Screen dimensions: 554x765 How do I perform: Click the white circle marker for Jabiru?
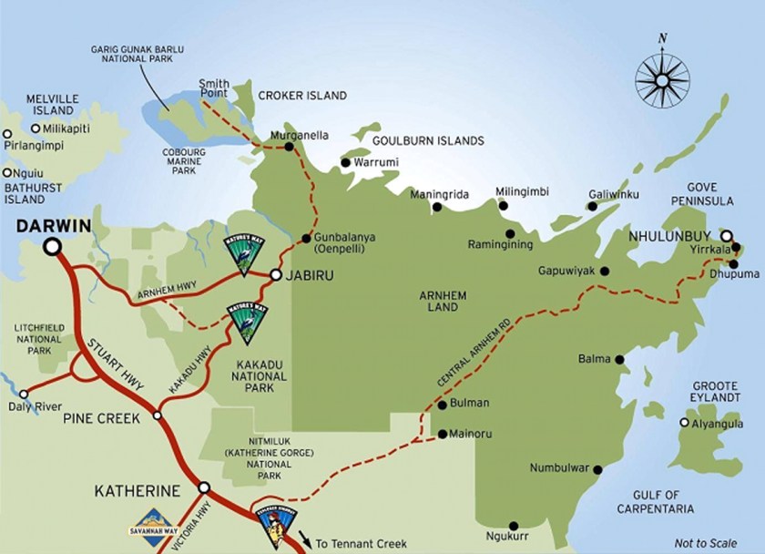[x=275, y=273]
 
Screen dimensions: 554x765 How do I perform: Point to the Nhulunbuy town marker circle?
[x=726, y=234]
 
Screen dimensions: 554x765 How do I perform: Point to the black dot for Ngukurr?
[x=515, y=526]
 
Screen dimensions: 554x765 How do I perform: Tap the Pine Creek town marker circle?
[x=158, y=415]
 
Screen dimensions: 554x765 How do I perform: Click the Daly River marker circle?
[x=24, y=395]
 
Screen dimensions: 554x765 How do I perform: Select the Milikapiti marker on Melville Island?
[x=36, y=129]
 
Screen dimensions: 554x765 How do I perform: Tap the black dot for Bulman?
[x=443, y=403]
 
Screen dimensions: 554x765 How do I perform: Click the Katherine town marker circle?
[x=204, y=487]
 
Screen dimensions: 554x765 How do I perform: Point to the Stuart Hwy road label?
[x=107, y=351]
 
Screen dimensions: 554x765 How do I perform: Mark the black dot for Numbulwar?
[x=597, y=470]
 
